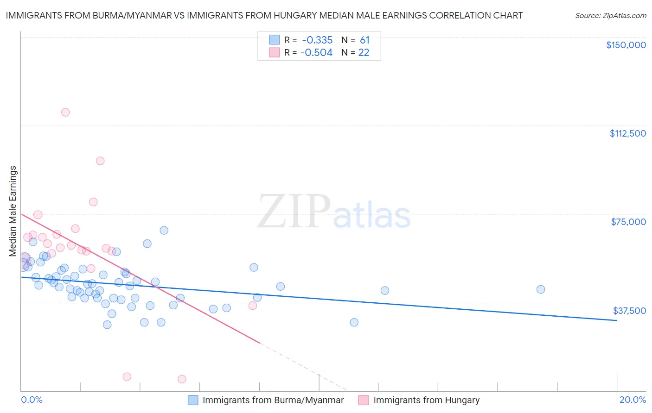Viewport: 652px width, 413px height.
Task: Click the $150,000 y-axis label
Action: coord(626,45)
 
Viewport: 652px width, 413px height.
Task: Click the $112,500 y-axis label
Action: coord(627,133)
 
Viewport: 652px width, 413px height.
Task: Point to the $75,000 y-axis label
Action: coord(628,222)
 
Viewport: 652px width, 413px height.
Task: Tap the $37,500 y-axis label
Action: coord(629,310)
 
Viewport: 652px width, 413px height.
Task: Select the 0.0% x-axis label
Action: coord(32,400)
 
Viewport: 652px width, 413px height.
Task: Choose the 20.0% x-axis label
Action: coord(633,400)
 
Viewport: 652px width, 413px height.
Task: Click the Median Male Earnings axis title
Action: coord(13,211)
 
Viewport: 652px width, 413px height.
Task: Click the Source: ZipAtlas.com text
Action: coord(610,16)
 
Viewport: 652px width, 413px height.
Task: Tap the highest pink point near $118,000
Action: coord(65,112)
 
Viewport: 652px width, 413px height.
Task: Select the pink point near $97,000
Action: coord(100,161)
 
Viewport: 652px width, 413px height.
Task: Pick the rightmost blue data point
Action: coord(540,289)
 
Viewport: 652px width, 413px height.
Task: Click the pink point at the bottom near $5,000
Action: coord(182,379)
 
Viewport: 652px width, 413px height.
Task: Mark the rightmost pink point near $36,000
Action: coord(253,305)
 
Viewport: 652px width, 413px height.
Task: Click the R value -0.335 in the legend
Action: coord(317,40)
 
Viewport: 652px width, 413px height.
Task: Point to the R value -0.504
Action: coord(316,53)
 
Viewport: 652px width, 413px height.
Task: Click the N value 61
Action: coord(364,40)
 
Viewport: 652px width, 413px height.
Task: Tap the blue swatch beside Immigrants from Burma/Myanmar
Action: coord(193,400)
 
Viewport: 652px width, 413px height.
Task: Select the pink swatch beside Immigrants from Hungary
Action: coord(364,400)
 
